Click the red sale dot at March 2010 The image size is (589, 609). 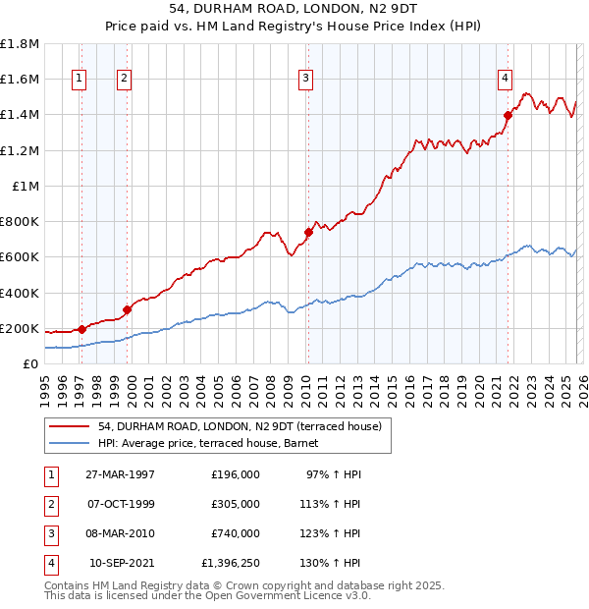coord(308,233)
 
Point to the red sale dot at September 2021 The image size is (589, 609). coord(509,115)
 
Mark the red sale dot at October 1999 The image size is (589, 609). coord(128,309)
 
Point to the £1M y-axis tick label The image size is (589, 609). coord(26,186)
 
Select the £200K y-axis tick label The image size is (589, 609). coord(20,328)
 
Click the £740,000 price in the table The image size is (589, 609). coord(236,533)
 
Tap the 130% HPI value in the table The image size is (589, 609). coord(334,563)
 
